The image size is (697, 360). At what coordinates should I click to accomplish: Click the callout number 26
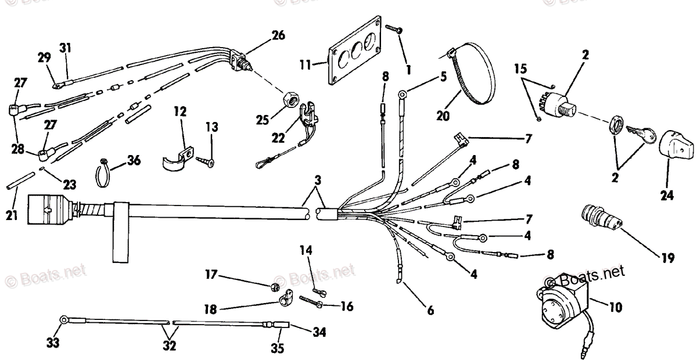point(278,36)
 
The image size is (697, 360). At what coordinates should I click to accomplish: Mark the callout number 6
point(430,311)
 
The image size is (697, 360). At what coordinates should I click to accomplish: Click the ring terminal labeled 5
point(401,92)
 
